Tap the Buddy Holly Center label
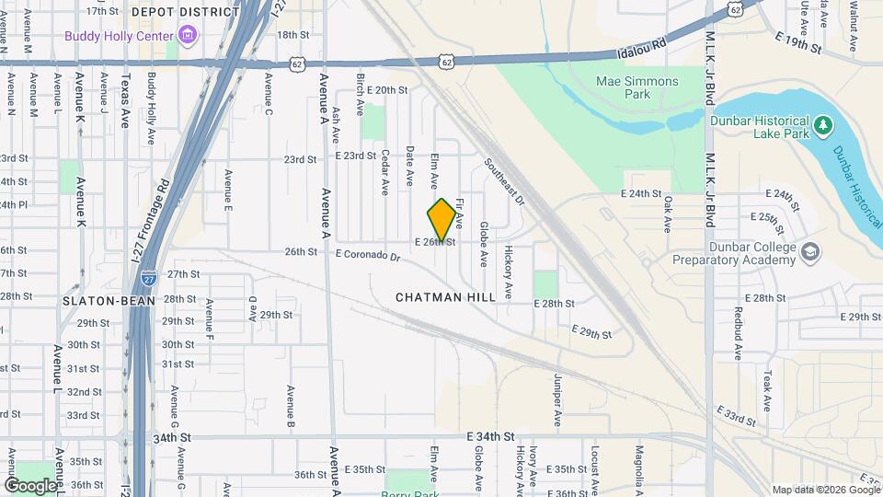[x=120, y=36]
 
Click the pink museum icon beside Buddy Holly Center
[x=189, y=36]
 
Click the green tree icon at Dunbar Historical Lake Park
[x=824, y=122]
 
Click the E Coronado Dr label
[x=368, y=255]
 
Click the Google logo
[x=30, y=484]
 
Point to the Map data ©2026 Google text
[x=824, y=490]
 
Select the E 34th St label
[x=488, y=435]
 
